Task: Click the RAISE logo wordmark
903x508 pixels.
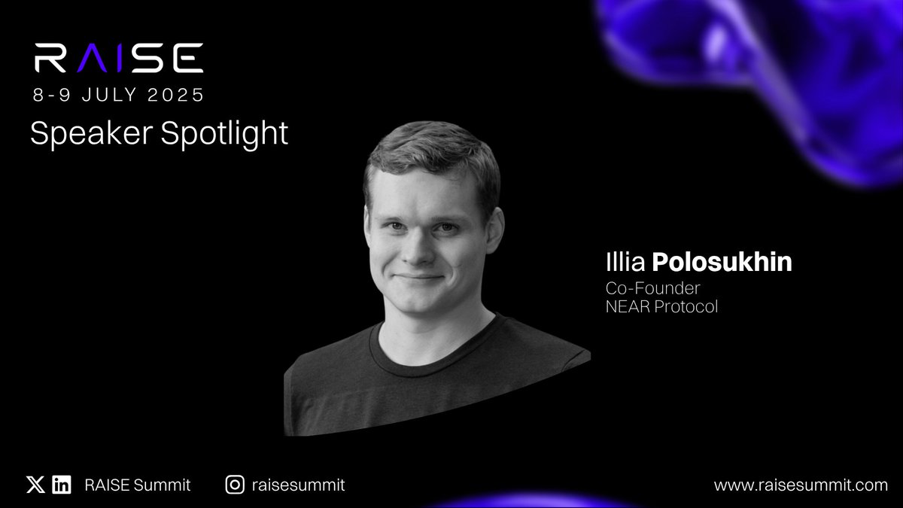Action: [x=118, y=58]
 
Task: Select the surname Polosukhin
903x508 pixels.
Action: [x=722, y=263]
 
